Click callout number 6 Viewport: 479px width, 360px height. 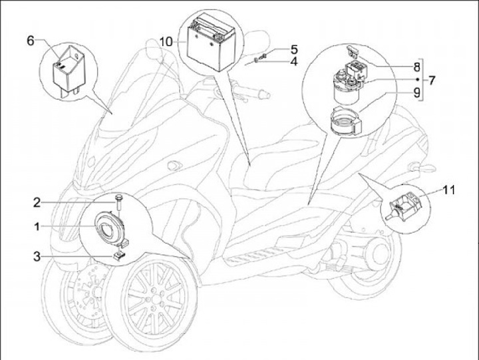pos(30,41)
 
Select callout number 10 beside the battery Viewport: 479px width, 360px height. pos(166,41)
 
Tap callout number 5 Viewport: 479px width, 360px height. pos(293,50)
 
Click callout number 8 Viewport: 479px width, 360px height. pos(417,67)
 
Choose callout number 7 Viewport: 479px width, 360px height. pos(432,81)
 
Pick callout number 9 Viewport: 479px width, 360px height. pos(417,94)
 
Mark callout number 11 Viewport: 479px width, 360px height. pos(449,191)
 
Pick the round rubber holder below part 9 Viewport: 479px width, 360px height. pos(345,123)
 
